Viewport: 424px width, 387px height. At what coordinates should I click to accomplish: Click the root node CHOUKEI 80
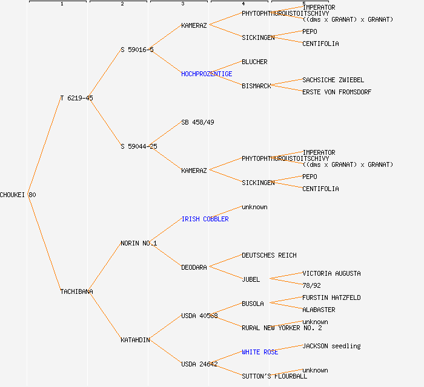(18, 195)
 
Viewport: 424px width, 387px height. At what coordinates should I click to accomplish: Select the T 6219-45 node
(76, 98)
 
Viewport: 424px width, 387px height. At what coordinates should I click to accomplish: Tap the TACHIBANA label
(76, 291)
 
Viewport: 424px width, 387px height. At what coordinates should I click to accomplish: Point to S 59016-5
(137, 50)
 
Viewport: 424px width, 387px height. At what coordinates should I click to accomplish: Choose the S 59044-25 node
(139, 146)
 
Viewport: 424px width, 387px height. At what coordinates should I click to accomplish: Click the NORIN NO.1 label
(139, 243)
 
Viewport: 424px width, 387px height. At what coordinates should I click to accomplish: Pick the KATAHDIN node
(135, 340)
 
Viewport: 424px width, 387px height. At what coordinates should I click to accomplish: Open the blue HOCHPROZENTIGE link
(207, 74)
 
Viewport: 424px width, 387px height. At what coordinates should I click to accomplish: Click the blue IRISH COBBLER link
(205, 219)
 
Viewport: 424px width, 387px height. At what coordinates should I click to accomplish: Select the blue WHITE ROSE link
(260, 352)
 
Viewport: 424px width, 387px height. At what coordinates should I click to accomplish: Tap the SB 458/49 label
(197, 122)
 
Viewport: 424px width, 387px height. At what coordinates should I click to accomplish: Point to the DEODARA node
(194, 267)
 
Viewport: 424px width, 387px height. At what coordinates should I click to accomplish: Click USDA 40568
(199, 316)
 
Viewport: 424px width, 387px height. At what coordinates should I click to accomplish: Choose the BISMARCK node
(256, 86)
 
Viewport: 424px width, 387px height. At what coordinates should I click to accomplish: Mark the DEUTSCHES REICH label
(269, 255)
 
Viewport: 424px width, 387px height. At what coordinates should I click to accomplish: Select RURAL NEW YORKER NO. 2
(282, 328)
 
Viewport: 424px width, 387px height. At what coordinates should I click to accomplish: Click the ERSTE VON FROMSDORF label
(337, 92)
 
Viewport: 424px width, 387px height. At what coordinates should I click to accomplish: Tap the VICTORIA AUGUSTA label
(331, 273)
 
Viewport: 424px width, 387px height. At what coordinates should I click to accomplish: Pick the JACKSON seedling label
(331, 346)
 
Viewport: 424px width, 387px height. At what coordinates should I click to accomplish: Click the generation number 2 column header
(122, 4)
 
